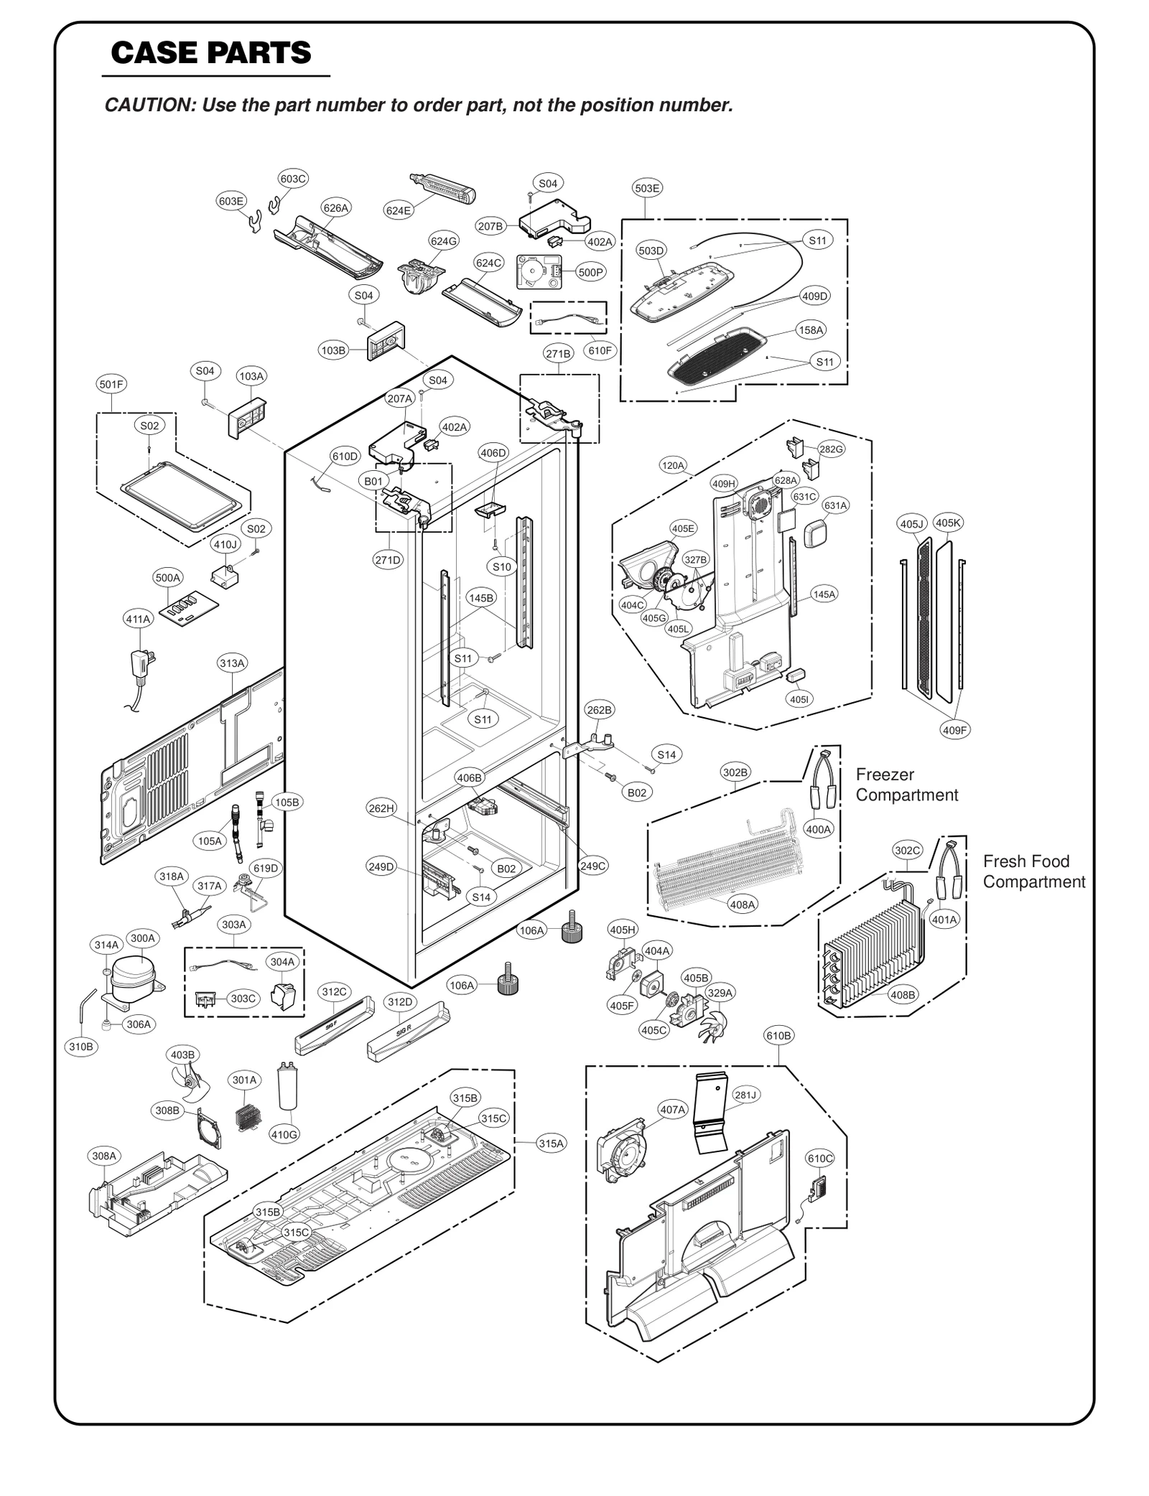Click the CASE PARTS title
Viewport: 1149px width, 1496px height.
[211, 52]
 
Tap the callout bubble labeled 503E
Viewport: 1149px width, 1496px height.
[647, 188]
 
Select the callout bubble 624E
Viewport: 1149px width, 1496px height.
[398, 210]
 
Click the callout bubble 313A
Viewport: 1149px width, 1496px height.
[232, 663]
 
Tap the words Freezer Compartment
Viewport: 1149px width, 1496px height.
[906, 785]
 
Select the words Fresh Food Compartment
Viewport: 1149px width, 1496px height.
[1033, 871]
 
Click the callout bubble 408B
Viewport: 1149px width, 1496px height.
[902, 995]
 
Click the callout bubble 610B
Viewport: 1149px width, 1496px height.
[778, 1036]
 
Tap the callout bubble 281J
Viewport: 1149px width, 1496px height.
[745, 1095]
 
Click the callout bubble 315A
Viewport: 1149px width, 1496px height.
[551, 1144]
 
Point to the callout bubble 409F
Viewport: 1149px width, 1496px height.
[955, 730]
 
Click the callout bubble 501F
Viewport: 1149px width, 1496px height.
[111, 384]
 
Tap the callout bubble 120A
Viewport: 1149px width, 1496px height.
[673, 465]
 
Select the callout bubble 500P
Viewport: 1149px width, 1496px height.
[591, 272]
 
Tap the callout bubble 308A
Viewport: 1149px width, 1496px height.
[104, 1156]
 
